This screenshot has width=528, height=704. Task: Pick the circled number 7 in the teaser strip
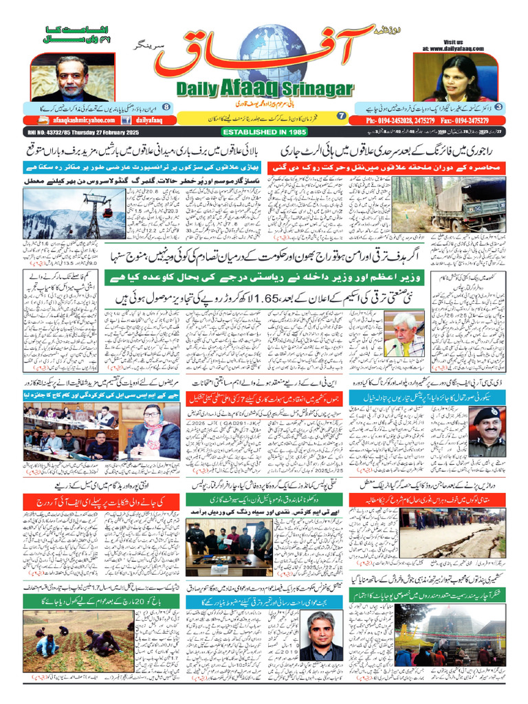(x=341, y=116)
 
